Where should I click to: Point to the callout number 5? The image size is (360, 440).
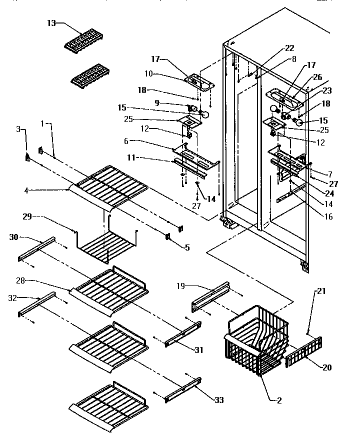click(187, 247)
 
